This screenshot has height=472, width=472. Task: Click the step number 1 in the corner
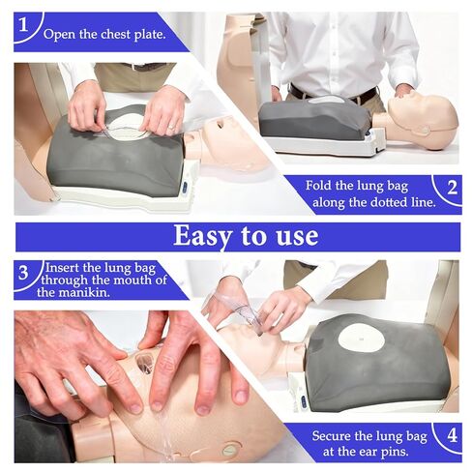point(23,24)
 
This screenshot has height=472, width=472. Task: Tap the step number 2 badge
point(452,188)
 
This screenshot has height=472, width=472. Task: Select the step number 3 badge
point(23,273)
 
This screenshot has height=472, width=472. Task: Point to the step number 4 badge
point(452,436)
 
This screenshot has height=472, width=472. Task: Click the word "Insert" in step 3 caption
point(63,268)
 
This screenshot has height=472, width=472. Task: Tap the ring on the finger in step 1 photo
point(170,128)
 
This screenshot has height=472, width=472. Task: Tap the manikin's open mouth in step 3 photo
point(145,361)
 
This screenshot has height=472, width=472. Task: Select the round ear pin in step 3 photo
point(231,449)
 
